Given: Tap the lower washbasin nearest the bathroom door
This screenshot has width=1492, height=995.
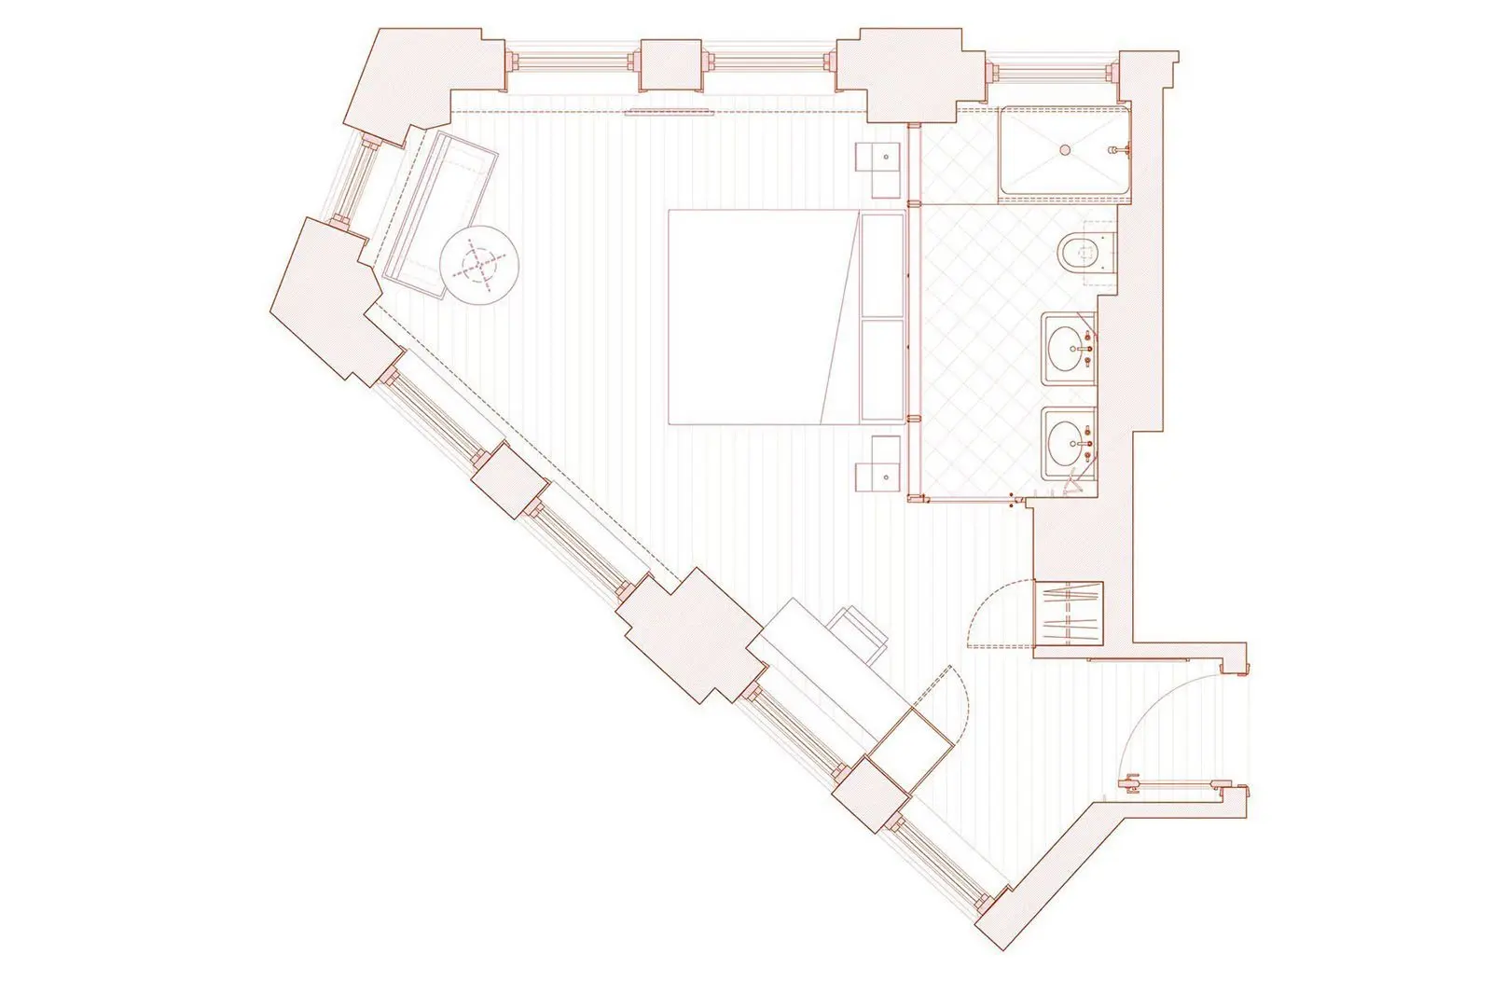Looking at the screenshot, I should coord(1067,438).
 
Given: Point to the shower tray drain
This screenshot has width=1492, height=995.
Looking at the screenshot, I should coord(1064,148).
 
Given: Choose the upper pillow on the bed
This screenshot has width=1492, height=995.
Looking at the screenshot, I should coord(883,266).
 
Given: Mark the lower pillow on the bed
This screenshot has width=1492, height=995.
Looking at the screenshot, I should coord(883,370).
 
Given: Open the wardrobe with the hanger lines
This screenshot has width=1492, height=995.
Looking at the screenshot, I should coord(1070,613).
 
